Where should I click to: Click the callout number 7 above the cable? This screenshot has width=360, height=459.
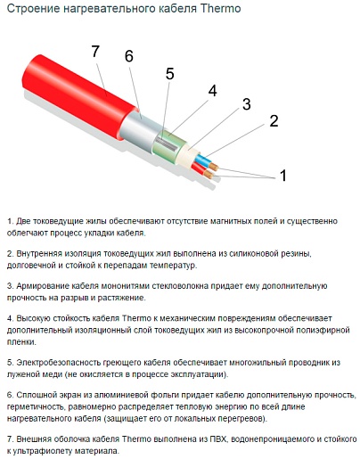[x=95, y=52]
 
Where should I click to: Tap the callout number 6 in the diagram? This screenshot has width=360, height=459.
[x=129, y=56]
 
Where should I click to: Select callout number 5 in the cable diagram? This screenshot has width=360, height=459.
[x=169, y=73]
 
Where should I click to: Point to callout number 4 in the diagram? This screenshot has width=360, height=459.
[x=213, y=91]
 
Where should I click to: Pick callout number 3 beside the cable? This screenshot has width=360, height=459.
[x=247, y=104]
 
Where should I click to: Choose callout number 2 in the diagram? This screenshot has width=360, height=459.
[x=274, y=121]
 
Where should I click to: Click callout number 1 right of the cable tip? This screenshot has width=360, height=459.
[x=283, y=176]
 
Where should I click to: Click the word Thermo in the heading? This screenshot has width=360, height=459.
[x=220, y=8]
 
